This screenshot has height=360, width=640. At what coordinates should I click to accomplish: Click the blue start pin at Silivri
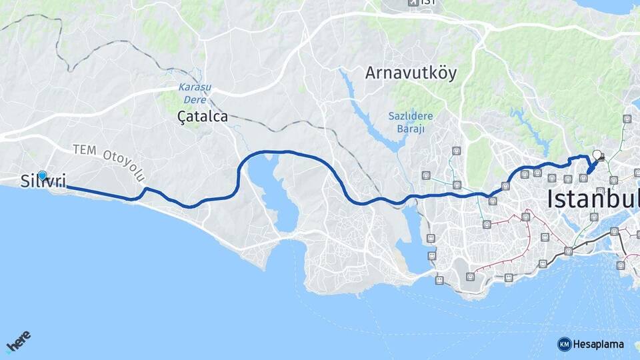click(43, 175)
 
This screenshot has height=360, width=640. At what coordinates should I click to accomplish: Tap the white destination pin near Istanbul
click(597, 154)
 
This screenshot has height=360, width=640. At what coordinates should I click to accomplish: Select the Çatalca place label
click(203, 117)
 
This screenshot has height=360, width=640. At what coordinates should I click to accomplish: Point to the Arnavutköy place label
click(411, 73)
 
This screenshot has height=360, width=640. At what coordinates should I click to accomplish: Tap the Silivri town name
click(43, 182)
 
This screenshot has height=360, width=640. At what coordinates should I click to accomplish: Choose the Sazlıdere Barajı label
click(411, 122)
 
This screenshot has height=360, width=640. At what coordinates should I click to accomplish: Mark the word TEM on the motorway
click(85, 150)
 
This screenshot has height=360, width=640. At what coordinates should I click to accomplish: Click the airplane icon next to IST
click(414, 3)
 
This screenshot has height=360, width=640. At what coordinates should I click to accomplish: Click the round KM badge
click(565, 344)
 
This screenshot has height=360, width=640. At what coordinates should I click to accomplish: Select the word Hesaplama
click(599, 345)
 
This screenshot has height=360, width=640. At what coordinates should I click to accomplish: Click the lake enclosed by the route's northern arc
click(275, 193)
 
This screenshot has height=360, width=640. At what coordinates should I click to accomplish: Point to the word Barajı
click(411, 129)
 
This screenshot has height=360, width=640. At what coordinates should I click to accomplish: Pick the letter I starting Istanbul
click(551, 198)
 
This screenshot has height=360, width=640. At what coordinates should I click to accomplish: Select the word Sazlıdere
click(411, 116)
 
